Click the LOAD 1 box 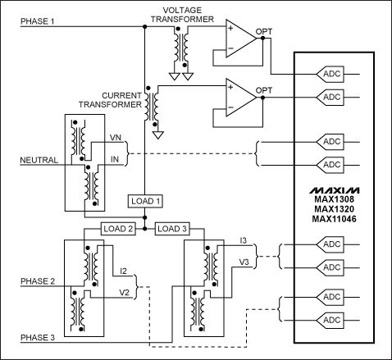pyautogui.click(x=144, y=201)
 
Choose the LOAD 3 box pyautogui.click(x=171, y=229)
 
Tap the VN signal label pyautogui.click(x=116, y=139)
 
